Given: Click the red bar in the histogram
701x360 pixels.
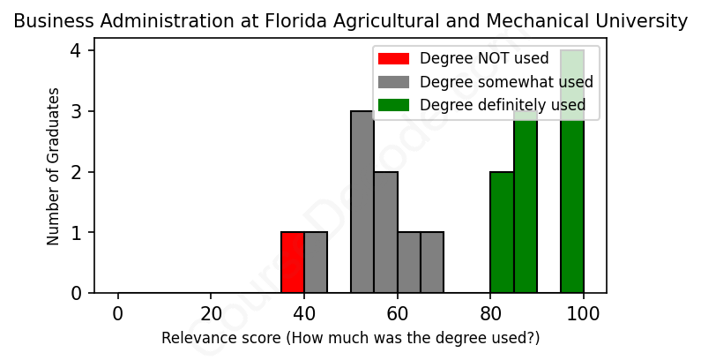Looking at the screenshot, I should coord(293,262).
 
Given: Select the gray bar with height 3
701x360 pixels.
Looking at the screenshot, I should coord(362,202).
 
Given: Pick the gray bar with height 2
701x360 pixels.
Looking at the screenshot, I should coord(385,232).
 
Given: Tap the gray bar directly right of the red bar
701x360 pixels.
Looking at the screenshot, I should coord(316,262).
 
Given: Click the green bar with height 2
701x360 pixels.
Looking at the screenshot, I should coord(502,232).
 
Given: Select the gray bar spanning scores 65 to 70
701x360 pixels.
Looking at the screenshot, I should coord(432,262).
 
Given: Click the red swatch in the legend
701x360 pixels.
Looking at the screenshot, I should coord(394,58).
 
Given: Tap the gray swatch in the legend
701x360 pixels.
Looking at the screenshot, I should coord(394,82).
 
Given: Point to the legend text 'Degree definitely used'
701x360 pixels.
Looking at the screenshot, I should coord(503,106).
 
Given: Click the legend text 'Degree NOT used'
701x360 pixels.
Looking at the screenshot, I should coord(484,58).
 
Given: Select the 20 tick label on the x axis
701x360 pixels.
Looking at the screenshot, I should coord(211,314).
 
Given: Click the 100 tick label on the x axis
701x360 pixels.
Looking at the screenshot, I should coord(583,314).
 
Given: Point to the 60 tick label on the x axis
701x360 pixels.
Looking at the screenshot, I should coord(397,314).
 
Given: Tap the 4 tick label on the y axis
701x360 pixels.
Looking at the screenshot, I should coord(76,51).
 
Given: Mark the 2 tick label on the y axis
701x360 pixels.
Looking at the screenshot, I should coord(76,172).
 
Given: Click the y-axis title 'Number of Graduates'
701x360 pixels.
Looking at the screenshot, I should coord(54,166).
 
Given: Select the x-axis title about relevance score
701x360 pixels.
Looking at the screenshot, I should coord(350,338).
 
